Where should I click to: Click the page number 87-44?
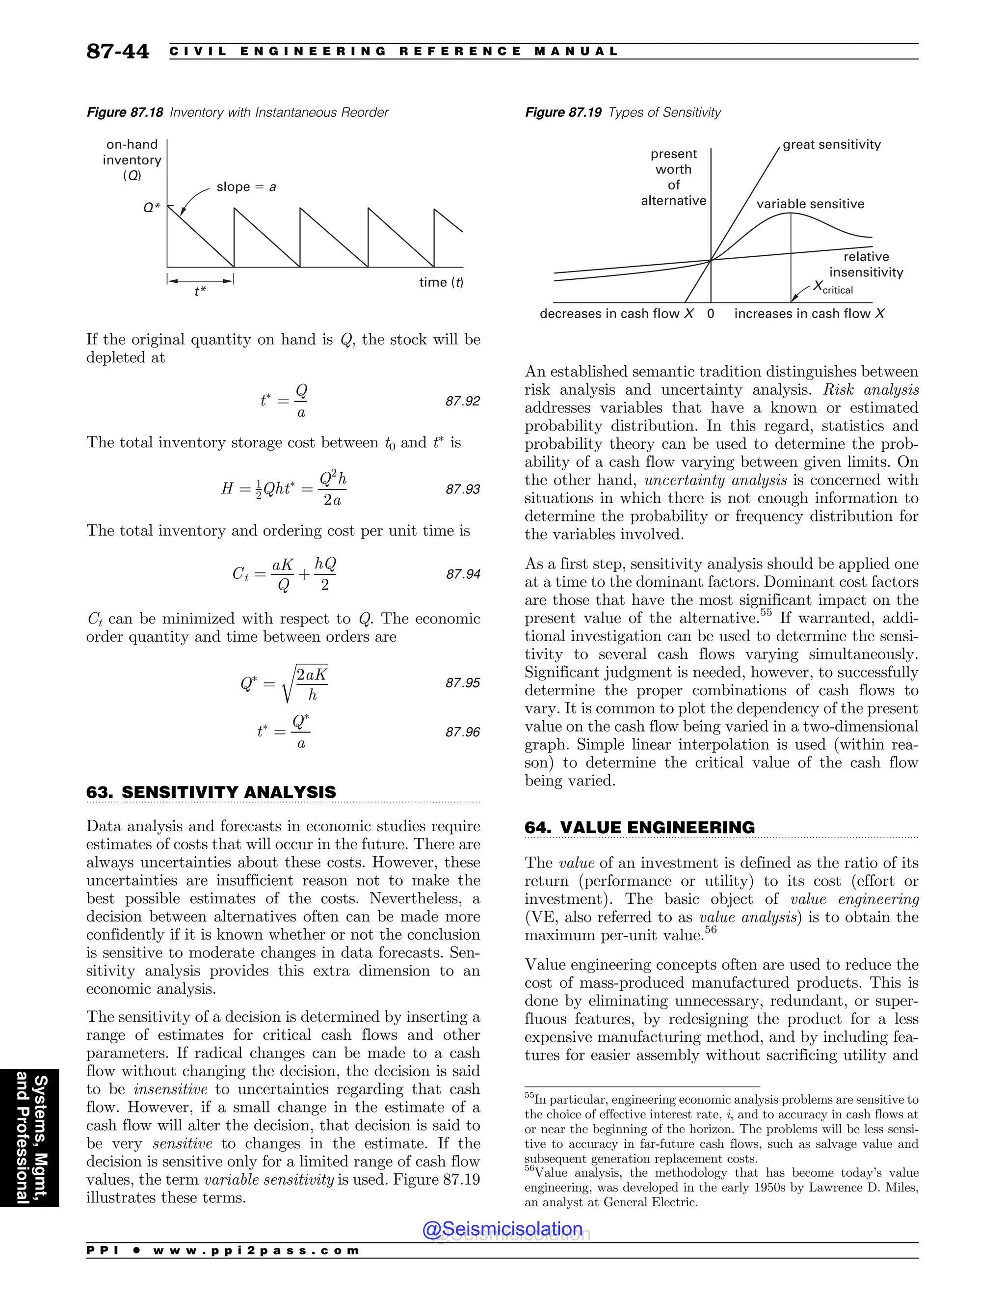pos(117,51)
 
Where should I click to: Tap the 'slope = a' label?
pos(246,187)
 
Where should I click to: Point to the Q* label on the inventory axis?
pos(152,207)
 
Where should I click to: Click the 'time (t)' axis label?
pos(441,282)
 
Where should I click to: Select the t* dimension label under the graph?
pos(200,291)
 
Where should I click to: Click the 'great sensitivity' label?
pos(831,145)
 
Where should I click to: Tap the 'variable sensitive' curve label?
pos(810,204)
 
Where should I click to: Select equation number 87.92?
pos(463,402)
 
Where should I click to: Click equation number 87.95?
pos(463,683)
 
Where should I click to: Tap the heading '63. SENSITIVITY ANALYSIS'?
pos(212,792)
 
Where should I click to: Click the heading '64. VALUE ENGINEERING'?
pos(639,827)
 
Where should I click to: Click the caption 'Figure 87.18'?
pos(125,112)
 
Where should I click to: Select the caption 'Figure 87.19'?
pos(563,112)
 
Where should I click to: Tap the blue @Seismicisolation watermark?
pos(502,1229)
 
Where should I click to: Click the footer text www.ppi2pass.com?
pos(256,1250)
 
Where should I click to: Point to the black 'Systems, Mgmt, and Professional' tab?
pos(30,1138)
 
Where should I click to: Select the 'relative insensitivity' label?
pos(866,265)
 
